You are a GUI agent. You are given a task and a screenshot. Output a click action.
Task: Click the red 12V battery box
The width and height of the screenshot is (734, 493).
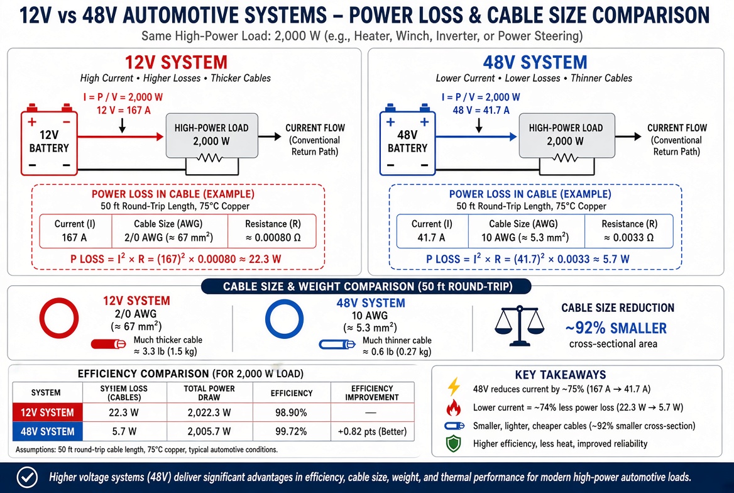point(49,141)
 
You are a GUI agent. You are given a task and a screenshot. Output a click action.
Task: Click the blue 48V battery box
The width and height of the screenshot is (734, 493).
point(407,141)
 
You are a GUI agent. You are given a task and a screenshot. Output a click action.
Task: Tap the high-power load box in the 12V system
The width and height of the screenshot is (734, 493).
point(212,135)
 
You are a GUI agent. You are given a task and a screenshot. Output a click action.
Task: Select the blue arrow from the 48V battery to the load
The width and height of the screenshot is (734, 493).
point(476,137)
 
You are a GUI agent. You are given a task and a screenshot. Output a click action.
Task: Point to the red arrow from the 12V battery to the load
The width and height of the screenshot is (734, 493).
point(120,137)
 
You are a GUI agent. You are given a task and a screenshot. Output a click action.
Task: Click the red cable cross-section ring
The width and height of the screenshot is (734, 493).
point(41,318)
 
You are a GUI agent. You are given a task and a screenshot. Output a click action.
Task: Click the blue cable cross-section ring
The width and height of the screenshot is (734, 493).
point(267,319)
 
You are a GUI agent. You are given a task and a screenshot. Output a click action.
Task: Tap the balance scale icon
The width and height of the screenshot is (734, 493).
point(520,326)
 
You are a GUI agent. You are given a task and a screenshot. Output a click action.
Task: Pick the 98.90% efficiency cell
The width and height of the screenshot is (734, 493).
point(291,413)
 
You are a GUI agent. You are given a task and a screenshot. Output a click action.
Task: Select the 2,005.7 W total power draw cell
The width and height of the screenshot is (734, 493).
point(209,431)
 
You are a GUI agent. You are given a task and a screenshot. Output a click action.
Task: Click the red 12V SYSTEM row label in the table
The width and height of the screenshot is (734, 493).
point(47,413)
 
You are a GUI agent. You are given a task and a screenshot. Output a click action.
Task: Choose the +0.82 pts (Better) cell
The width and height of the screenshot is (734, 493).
point(372,431)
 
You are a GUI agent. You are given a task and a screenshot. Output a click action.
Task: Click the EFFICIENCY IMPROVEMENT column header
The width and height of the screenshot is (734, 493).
point(372,393)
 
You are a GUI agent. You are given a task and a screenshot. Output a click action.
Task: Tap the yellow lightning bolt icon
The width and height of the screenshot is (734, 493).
point(454,387)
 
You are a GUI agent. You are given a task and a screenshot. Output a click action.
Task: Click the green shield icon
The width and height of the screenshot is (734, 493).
point(454,443)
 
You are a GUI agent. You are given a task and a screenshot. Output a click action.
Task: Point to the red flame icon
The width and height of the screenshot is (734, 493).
point(453,407)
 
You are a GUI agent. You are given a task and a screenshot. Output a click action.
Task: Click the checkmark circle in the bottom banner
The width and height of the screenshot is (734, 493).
point(27,477)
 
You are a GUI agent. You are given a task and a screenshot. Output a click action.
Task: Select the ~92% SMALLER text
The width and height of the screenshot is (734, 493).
point(616,328)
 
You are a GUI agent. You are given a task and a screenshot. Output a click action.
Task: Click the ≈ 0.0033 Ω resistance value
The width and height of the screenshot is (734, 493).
point(628,238)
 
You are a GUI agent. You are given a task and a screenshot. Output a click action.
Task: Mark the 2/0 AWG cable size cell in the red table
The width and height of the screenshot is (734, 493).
point(170,231)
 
